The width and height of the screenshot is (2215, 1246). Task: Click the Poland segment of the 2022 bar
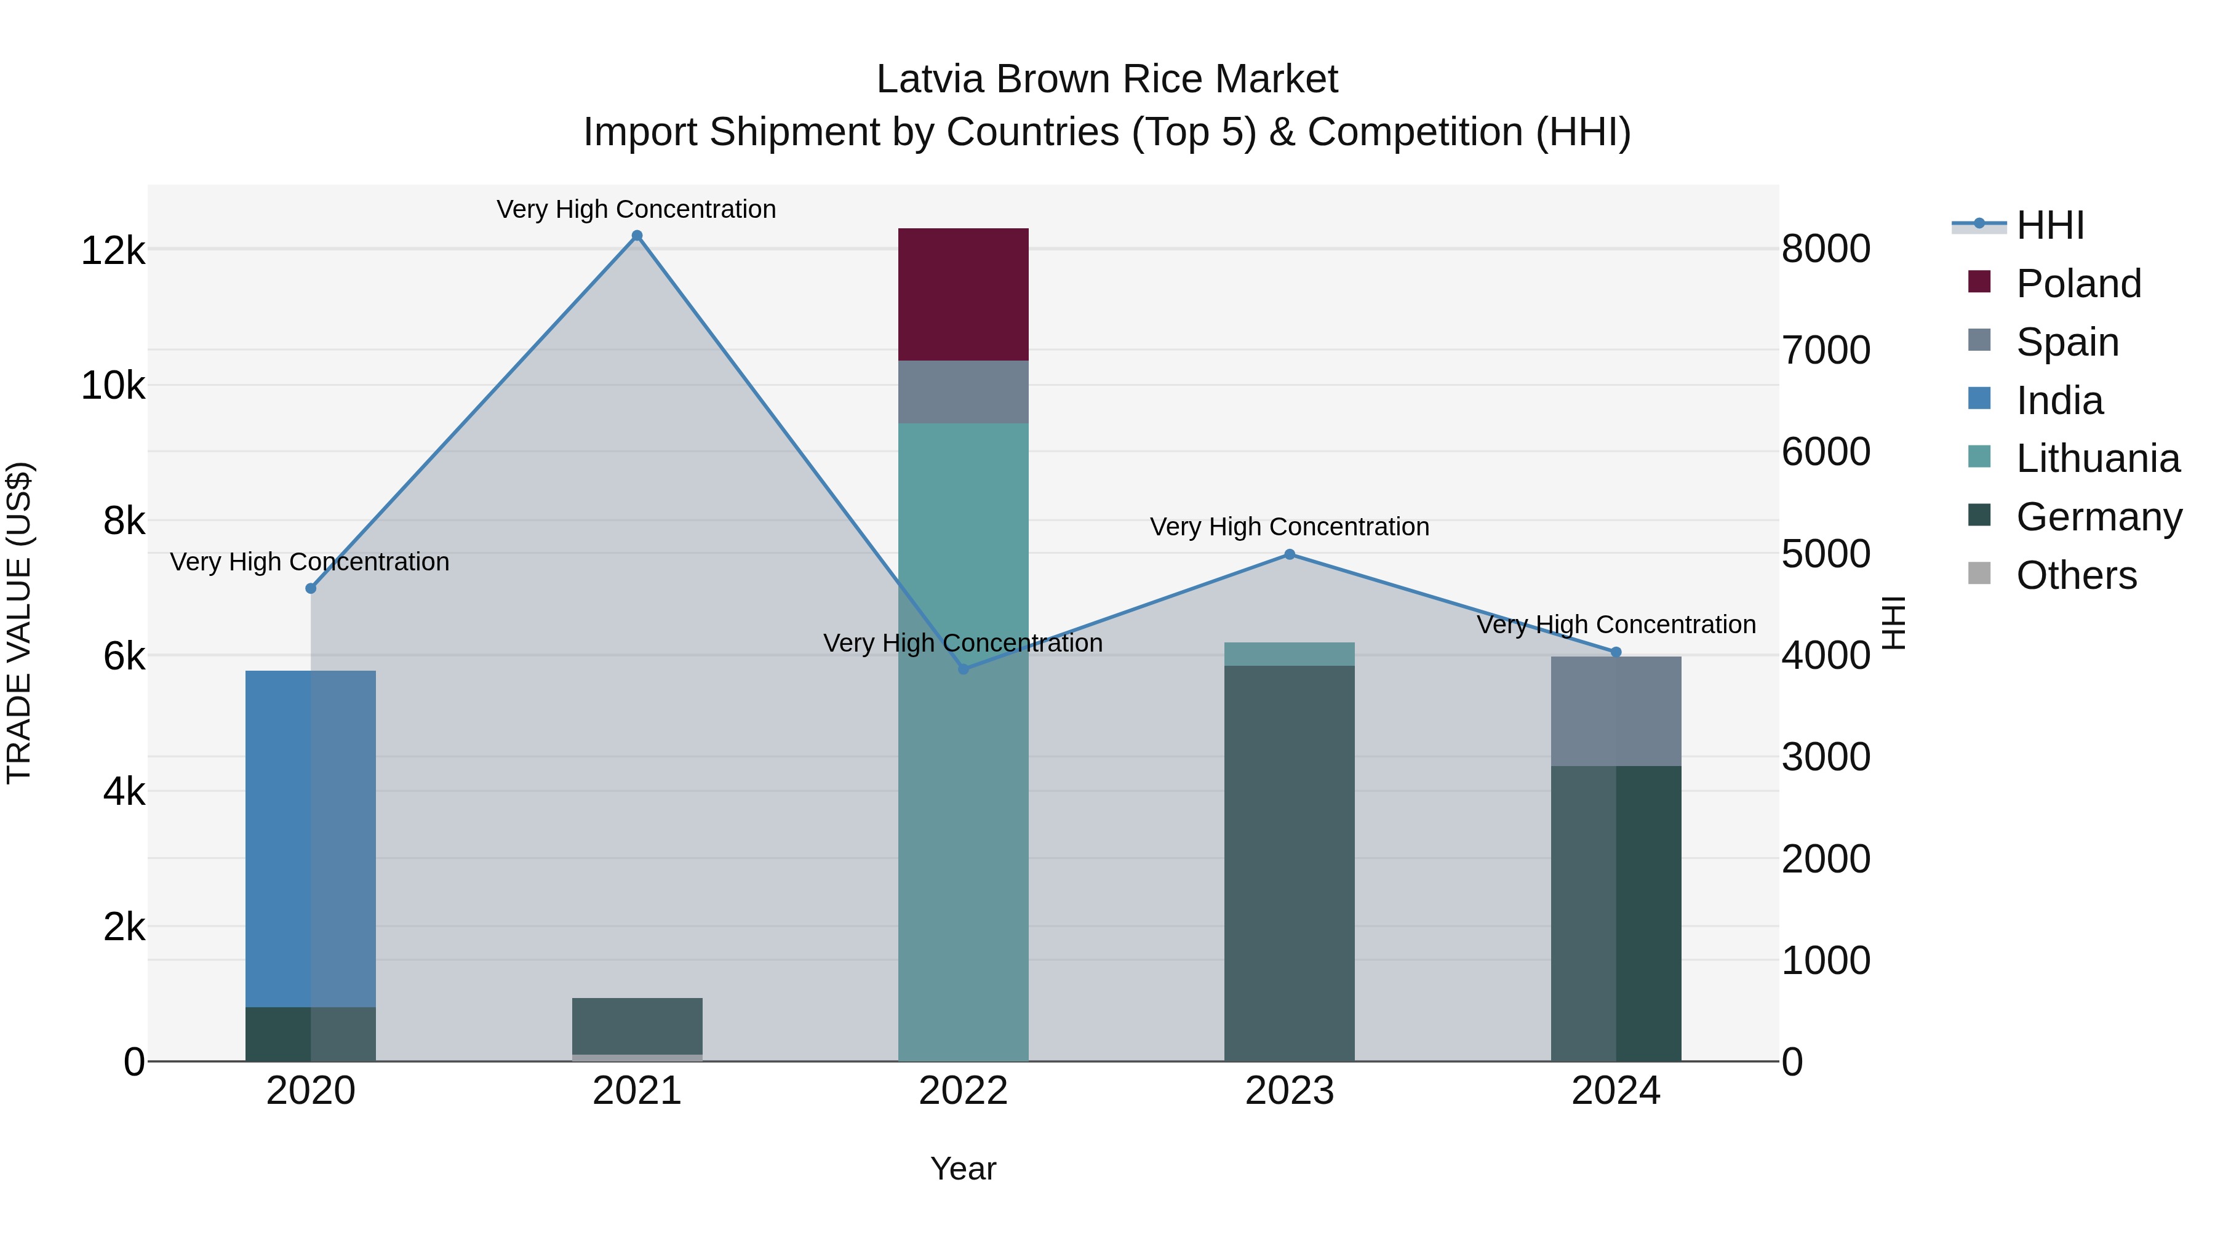click(x=963, y=294)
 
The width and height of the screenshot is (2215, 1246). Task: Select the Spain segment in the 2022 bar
click(x=963, y=391)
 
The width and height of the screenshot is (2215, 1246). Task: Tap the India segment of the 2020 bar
click(x=311, y=839)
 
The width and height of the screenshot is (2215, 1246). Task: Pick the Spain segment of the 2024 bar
click(x=1616, y=711)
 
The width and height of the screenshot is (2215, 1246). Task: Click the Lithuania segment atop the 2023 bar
click(x=1289, y=653)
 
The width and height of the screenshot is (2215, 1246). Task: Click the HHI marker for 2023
click(x=1289, y=554)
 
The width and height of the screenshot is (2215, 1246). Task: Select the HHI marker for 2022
click(x=963, y=669)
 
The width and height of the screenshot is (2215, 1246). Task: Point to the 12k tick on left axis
click(x=113, y=251)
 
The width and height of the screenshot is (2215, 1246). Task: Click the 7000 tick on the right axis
click(x=1826, y=350)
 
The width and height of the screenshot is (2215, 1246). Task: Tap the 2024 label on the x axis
click(x=1616, y=1091)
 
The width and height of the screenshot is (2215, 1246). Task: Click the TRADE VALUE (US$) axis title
click(x=19, y=623)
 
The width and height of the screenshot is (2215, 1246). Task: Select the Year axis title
click(x=963, y=1168)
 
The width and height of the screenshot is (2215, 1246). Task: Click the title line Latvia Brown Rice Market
click(x=1107, y=79)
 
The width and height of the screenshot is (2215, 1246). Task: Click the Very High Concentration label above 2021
click(x=636, y=209)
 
